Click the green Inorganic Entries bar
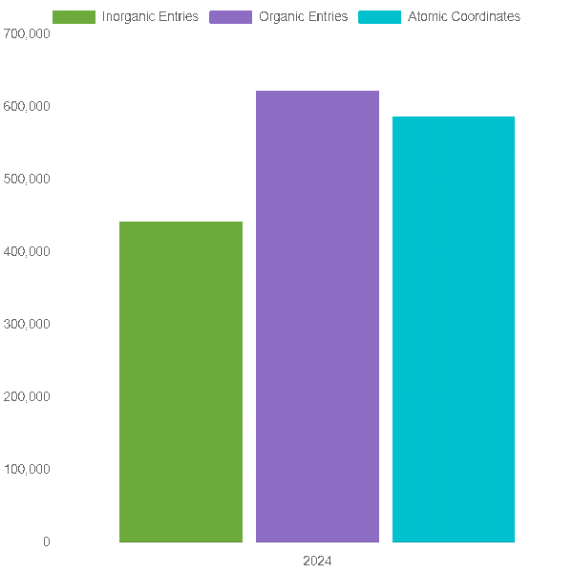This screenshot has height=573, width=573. click(180, 381)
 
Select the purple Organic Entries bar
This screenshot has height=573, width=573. click(317, 316)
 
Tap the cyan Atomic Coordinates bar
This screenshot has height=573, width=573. click(454, 329)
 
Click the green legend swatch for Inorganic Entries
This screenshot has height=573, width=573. click(74, 17)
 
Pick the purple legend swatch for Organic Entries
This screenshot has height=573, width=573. click(230, 17)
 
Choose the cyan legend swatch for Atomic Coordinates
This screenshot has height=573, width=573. click(380, 17)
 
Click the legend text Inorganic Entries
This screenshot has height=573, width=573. click(150, 17)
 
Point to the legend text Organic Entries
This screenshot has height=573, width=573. click(304, 17)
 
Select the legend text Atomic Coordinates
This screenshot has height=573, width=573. click(464, 16)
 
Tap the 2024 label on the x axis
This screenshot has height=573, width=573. click(317, 561)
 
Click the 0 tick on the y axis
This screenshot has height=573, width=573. click(47, 541)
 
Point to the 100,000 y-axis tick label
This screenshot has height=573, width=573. click(27, 469)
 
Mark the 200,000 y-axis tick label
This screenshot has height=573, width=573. click(27, 396)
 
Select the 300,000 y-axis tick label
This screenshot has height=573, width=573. click(27, 324)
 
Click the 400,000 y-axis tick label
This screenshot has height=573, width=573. click(27, 251)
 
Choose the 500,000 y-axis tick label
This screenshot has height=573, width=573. click(27, 180)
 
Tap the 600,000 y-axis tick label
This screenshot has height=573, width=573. click(27, 106)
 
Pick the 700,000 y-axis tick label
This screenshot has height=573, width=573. click(27, 33)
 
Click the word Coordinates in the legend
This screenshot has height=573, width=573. click(486, 16)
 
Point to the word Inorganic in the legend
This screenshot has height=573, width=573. click(128, 17)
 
